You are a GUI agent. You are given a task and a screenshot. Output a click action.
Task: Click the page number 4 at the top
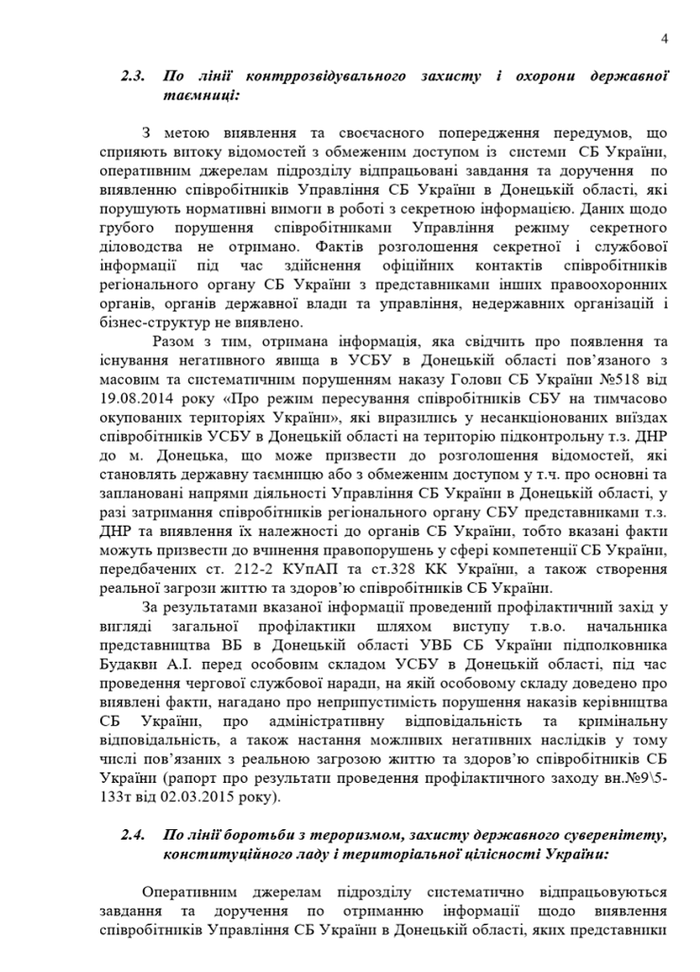(664, 38)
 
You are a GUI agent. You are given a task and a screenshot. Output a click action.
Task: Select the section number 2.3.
(132, 75)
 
